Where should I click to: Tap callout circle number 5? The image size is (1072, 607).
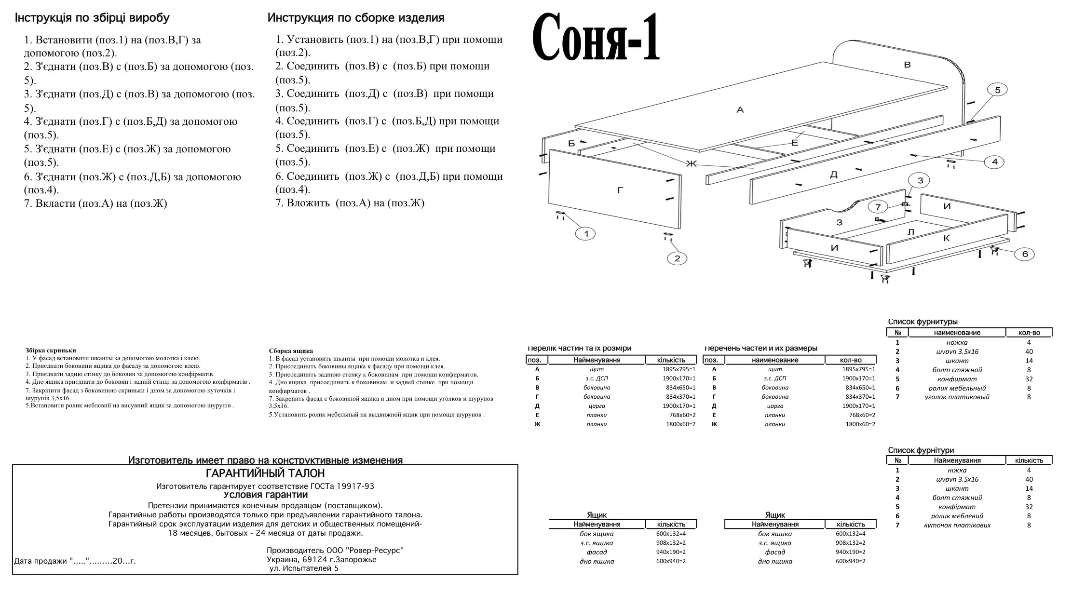997,90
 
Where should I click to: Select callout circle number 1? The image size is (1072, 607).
586,234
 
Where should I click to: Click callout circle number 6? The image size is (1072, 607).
1025,254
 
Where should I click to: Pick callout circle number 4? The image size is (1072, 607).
994,162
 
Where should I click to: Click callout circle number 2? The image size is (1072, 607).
677,258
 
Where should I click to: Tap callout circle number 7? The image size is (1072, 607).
878,207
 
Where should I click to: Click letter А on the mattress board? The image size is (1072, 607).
740,110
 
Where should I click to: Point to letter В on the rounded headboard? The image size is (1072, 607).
907,65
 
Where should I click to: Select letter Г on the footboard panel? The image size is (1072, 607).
620,190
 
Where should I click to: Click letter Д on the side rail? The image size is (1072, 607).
833,175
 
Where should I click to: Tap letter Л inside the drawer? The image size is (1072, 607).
911,232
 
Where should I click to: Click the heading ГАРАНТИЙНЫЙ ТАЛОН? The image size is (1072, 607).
265,473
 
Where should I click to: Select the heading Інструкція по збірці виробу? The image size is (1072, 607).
92,18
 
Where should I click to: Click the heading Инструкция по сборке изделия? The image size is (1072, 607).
356,18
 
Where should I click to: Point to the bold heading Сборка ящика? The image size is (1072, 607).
291,351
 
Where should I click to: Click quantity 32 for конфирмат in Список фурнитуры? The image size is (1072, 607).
1029,379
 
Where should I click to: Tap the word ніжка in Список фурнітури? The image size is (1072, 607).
957,470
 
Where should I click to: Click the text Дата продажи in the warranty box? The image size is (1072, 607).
41,561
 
